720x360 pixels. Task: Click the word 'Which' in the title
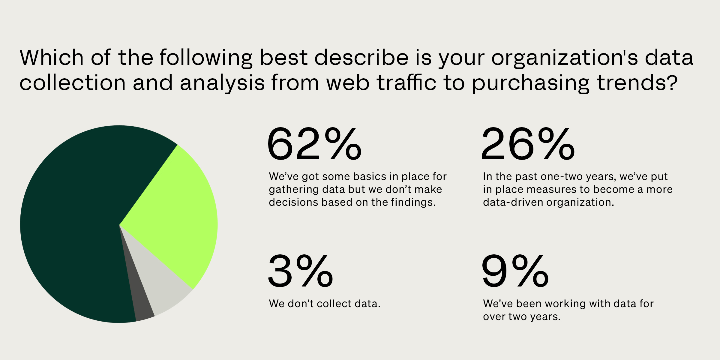tap(52, 57)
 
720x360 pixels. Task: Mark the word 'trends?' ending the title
tap(637, 82)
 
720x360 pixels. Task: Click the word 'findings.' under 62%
tap(413, 202)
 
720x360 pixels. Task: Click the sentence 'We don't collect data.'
tap(325, 304)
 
